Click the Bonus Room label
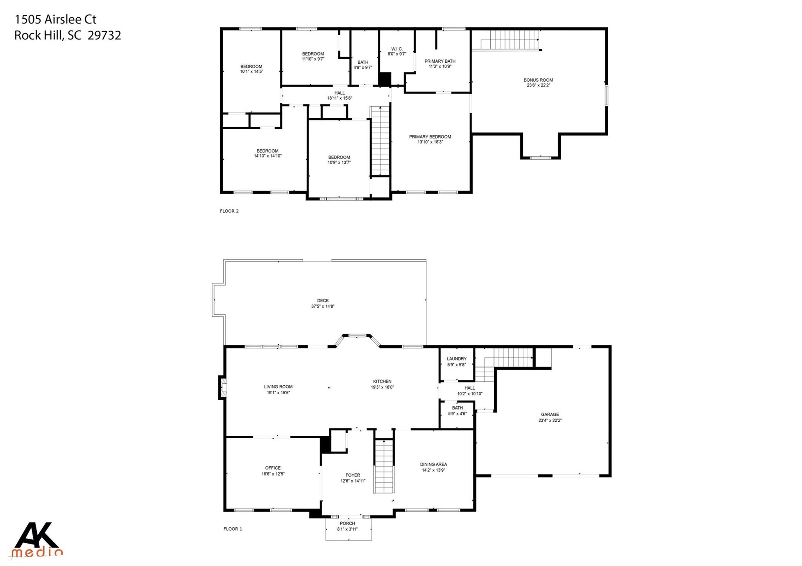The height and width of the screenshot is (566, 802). (x=538, y=80)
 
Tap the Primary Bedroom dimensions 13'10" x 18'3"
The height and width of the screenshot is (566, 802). (x=430, y=142)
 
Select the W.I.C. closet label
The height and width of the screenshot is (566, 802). (x=397, y=49)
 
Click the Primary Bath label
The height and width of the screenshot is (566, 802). (x=440, y=61)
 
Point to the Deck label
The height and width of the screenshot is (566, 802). (x=323, y=301)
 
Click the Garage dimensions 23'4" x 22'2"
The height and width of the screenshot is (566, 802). (x=550, y=420)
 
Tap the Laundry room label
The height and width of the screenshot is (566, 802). (x=457, y=359)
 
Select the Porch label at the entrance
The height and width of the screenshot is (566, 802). (x=347, y=523)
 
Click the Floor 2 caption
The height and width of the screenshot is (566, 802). (x=229, y=211)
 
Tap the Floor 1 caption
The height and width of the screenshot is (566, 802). (x=233, y=529)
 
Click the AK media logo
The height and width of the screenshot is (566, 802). (x=37, y=540)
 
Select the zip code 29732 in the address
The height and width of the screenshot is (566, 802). (x=104, y=36)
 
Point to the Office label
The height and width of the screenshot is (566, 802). (x=273, y=468)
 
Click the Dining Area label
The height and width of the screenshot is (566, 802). (x=433, y=465)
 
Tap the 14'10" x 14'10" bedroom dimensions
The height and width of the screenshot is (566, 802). (x=267, y=156)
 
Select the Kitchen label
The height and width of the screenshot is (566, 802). (x=382, y=381)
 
